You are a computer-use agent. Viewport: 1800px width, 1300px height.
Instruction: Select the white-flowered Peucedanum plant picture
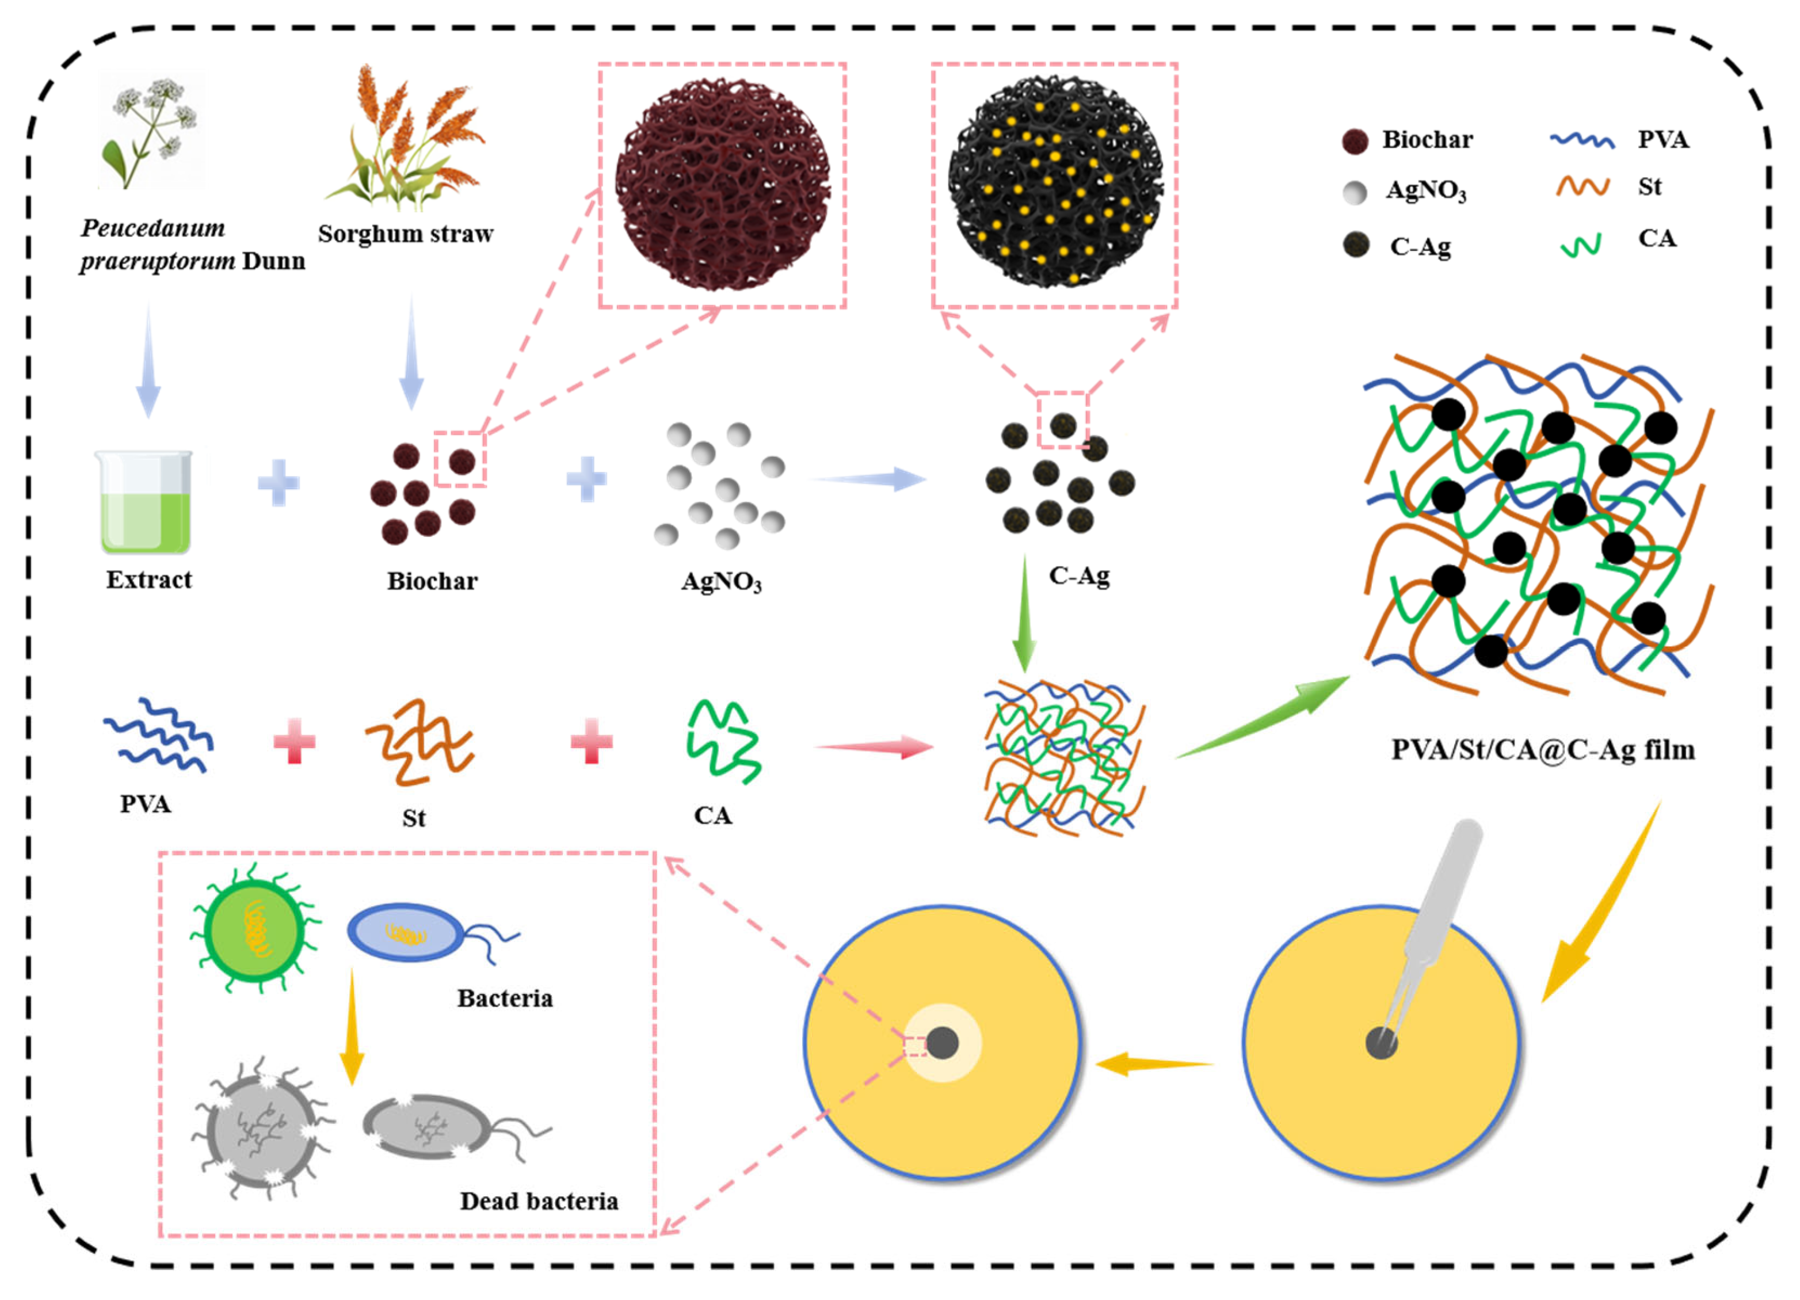click(151, 131)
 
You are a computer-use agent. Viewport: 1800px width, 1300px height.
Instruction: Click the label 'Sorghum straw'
click(406, 234)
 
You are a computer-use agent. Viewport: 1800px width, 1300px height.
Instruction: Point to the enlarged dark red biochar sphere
click(722, 184)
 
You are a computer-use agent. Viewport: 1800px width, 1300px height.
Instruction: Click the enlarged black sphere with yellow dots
click(1055, 182)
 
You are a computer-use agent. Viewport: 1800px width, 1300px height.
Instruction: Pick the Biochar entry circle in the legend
click(1355, 141)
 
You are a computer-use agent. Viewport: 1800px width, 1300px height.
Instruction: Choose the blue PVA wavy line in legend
click(1582, 140)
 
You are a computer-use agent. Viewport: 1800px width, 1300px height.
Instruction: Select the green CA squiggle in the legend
click(1580, 245)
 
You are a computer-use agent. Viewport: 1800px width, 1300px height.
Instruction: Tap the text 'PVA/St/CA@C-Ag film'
click(1543, 750)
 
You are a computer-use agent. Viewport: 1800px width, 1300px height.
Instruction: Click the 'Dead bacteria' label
click(539, 1201)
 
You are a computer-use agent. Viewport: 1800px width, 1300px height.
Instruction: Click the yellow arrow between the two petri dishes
click(1155, 1063)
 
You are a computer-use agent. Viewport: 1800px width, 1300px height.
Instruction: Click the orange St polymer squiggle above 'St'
click(419, 742)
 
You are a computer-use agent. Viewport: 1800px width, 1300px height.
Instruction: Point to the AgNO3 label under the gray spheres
click(720, 582)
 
